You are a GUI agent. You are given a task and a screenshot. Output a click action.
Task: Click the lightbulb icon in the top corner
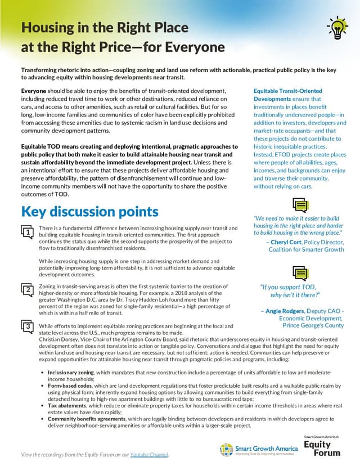coord(336,26)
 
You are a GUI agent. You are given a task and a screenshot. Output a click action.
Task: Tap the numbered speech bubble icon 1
coord(26,231)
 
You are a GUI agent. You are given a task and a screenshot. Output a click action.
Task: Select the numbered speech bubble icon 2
coord(26,290)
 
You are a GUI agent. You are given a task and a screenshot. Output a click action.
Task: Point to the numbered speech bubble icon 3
coord(26,326)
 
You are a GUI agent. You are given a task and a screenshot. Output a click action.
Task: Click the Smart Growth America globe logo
coord(226,449)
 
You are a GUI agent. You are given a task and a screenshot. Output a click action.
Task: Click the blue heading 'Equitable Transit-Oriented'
coord(287,91)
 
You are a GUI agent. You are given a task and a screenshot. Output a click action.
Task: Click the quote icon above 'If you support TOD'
coord(300,272)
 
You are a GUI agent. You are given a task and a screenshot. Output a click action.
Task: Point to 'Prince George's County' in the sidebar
coord(313,325)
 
